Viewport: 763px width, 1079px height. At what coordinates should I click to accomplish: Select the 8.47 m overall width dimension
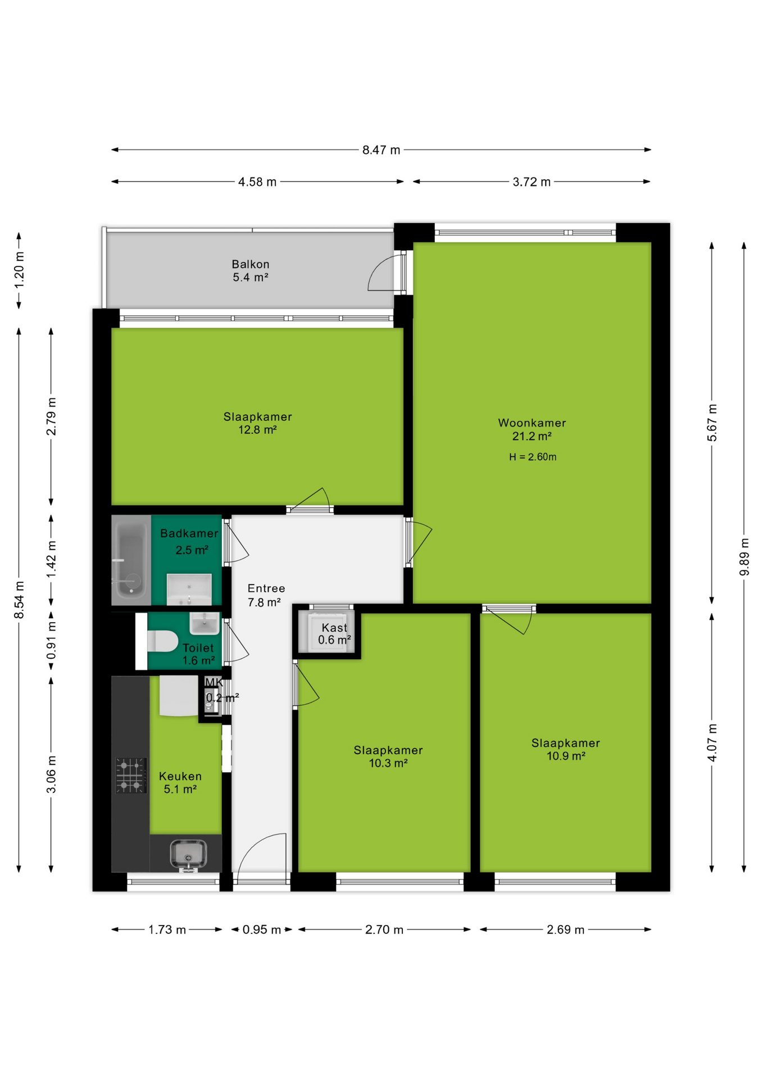pos(381,150)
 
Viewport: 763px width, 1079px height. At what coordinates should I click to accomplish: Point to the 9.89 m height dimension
pos(744,556)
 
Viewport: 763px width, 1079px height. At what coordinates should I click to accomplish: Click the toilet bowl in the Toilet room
pos(162,641)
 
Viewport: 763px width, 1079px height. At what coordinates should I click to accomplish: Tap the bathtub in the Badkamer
pos(131,560)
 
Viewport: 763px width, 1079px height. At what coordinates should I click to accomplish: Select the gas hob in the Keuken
pos(131,775)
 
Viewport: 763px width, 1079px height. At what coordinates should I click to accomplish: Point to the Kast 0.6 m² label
pos(334,634)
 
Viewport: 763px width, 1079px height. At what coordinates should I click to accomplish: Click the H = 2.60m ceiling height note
pos(533,457)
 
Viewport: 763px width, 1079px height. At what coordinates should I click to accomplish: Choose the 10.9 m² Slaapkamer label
pos(566,749)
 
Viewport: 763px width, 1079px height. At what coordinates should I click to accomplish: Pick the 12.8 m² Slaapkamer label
pos(257,423)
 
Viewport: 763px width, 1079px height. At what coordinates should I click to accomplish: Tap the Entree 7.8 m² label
pos(266,595)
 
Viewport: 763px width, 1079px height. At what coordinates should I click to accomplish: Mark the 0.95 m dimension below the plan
pos(262,930)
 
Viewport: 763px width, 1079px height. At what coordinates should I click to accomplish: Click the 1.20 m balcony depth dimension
pos(19,270)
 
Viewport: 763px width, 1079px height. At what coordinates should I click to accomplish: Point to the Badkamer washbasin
pos(189,590)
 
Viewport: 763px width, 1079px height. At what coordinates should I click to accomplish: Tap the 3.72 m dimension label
pos(532,182)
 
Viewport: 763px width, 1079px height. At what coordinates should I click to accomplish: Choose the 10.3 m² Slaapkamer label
pos(388,756)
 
